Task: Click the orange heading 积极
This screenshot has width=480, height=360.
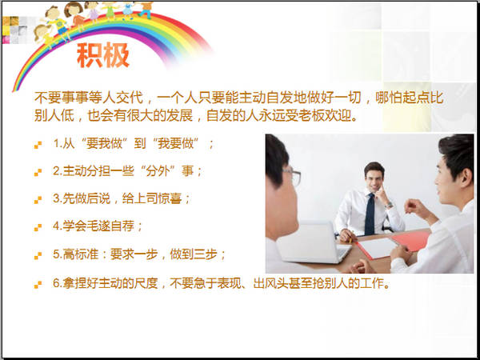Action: click(103, 55)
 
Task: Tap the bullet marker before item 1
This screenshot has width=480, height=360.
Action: click(38, 145)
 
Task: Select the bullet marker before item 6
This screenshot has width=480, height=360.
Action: click(38, 285)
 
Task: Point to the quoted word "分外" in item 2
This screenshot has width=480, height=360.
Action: click(158, 171)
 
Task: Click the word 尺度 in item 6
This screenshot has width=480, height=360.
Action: click(146, 283)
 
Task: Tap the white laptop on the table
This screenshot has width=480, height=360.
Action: click(313, 242)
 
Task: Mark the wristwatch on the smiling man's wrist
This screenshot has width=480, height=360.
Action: click(389, 205)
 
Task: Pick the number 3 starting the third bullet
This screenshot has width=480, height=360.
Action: click(56, 198)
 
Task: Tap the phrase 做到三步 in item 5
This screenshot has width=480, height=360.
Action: click(194, 254)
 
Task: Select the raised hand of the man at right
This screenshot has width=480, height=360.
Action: click(415, 208)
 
